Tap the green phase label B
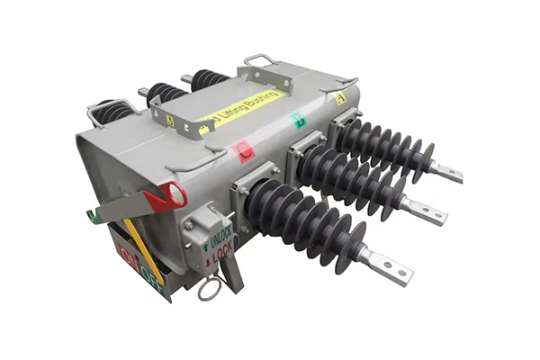coord(301,120)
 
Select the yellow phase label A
coord(340,98)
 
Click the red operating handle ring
coord(167,196)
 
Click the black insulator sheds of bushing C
coord(306,224)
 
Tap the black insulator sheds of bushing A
coord(387,145)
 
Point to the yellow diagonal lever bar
coord(144,247)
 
